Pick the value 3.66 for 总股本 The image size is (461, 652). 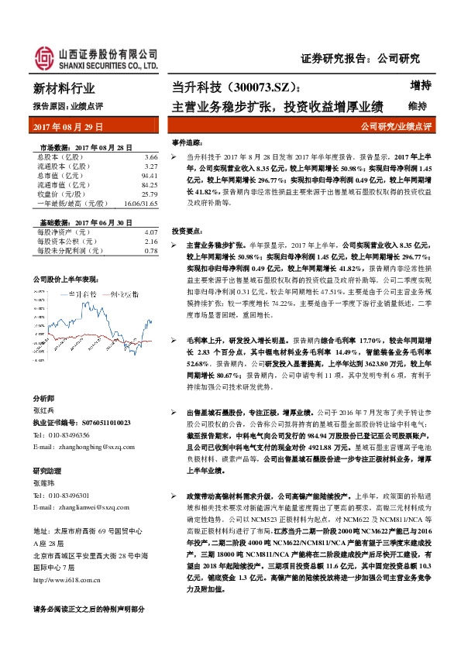pos(150,156)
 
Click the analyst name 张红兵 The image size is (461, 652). pos(45,411)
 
